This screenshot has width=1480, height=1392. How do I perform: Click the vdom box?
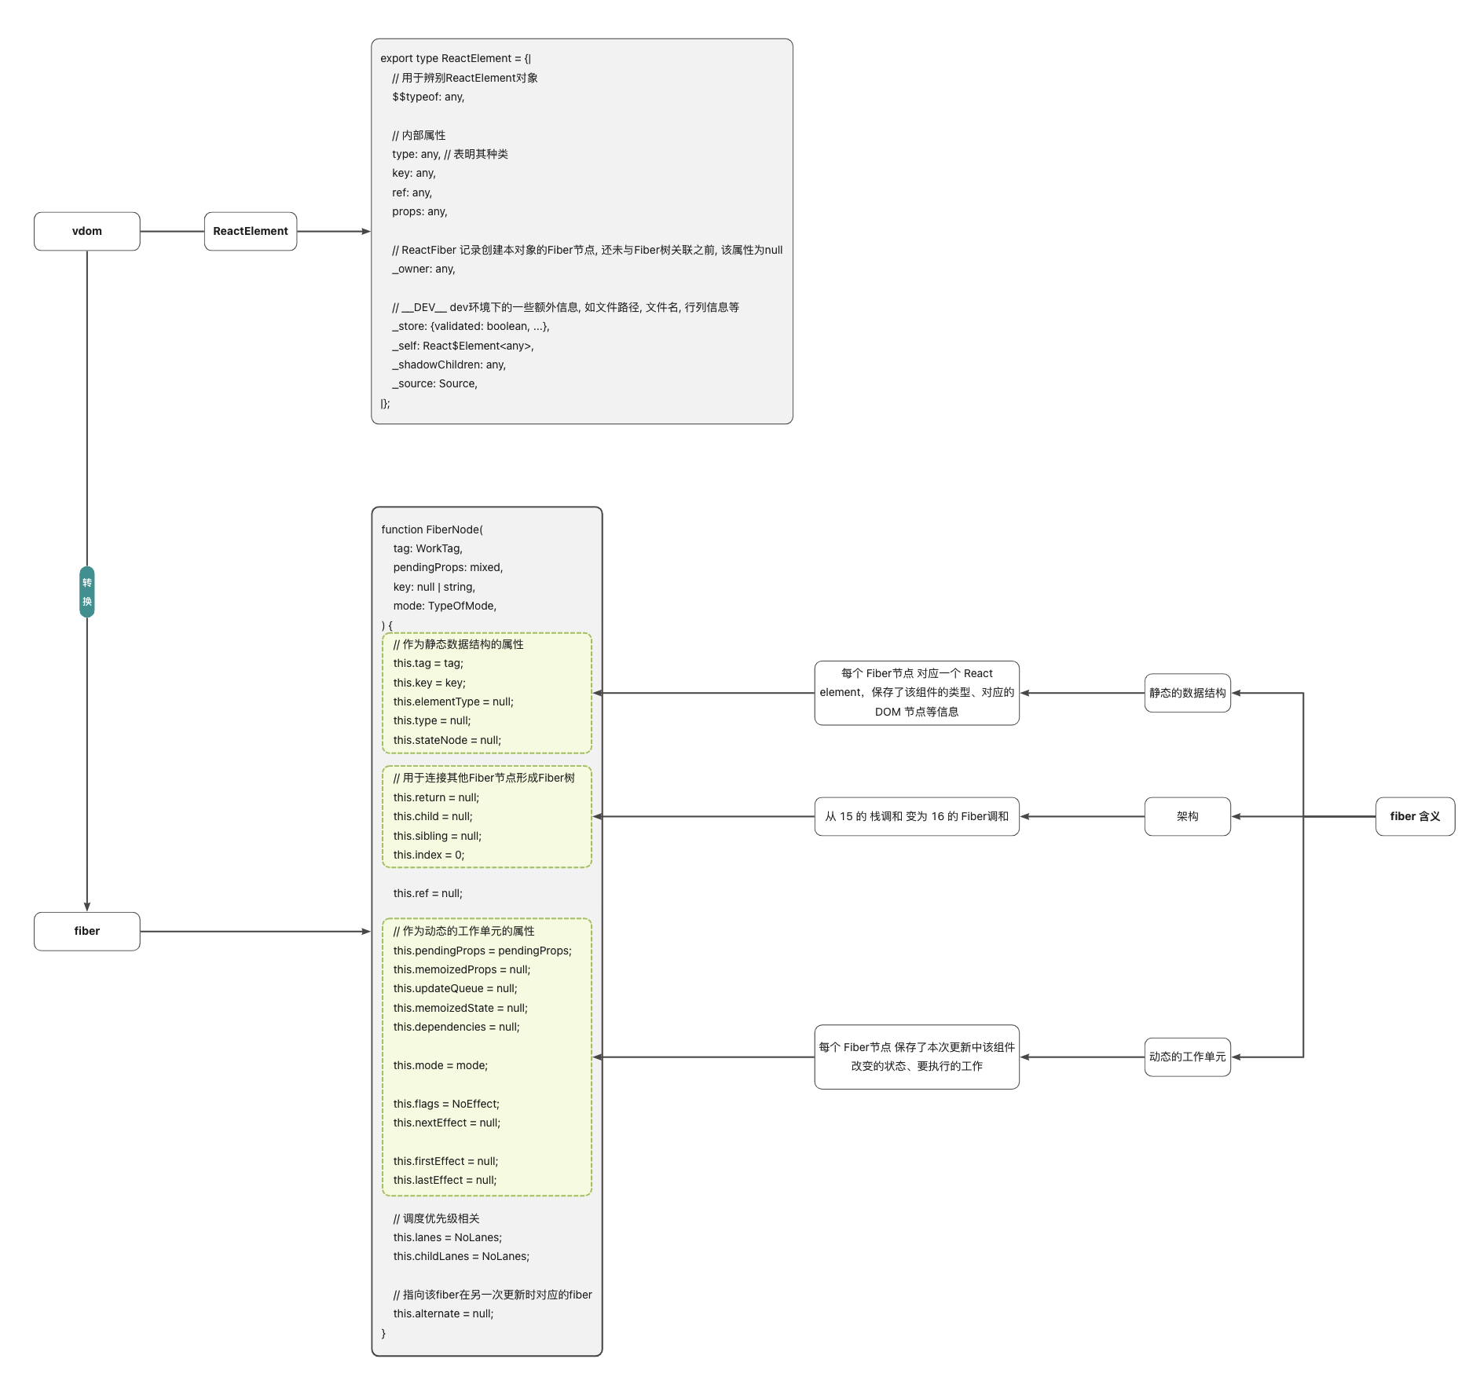(86, 231)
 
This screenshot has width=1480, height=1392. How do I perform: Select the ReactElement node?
(250, 231)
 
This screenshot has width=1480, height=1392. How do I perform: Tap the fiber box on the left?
(86, 931)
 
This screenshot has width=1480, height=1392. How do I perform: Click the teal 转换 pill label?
(86, 592)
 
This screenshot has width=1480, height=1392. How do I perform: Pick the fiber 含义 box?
(1414, 816)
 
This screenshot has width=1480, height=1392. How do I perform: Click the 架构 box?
(1186, 816)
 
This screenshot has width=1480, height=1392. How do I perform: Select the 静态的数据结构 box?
(1186, 693)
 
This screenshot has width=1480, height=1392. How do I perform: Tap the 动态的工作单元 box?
(1186, 1057)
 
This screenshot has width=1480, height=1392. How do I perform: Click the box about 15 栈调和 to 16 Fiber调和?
(916, 816)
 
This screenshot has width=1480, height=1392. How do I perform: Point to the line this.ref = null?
(427, 893)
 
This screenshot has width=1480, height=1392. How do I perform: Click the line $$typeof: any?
(428, 97)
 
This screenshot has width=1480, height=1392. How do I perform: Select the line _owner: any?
(423, 269)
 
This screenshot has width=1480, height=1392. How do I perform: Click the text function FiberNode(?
(432, 529)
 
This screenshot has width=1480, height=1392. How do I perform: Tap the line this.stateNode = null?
(446, 740)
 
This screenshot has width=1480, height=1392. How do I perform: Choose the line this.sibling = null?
(437, 836)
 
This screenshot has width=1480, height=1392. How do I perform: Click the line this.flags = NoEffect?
(445, 1104)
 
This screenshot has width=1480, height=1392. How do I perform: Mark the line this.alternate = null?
(443, 1313)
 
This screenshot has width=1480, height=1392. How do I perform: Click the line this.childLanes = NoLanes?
(461, 1256)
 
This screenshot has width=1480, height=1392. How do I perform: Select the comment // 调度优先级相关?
(436, 1218)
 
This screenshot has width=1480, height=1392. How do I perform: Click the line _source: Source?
(434, 383)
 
